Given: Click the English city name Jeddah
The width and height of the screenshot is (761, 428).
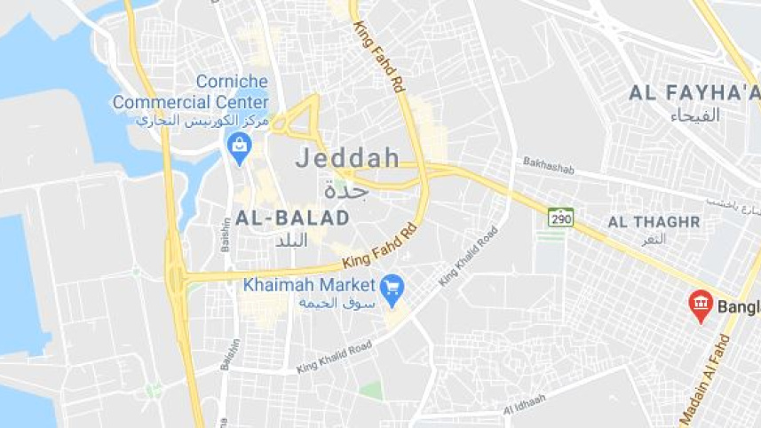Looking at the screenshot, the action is pos(347,159).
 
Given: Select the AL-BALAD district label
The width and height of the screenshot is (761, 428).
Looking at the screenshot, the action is pos(292,218).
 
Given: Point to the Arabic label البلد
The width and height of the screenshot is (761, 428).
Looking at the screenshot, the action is pos(292,241).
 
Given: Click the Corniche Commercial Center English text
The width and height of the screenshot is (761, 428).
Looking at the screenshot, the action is pos(190,91).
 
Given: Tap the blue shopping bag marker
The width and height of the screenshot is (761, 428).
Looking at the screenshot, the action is pos(239,147).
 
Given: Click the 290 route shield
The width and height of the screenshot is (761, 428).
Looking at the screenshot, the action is pos(560,217).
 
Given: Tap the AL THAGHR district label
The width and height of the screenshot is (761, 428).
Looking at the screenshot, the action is pos(654,222).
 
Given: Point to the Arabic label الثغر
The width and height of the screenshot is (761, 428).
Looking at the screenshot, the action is pos(655,241).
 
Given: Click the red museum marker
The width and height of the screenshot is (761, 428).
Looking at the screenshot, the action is pos(701,305).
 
